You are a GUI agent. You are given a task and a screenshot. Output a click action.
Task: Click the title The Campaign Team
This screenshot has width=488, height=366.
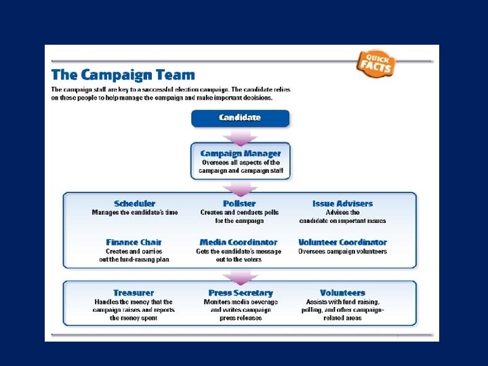[123, 75]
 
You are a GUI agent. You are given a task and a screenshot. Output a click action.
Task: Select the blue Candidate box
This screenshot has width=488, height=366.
[240, 118]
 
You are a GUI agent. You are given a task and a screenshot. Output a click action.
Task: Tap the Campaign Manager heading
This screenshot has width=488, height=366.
[240, 153]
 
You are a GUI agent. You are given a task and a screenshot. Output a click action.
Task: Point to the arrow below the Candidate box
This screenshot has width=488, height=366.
[240, 136]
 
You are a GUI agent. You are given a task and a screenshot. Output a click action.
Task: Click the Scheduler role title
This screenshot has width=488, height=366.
[134, 203]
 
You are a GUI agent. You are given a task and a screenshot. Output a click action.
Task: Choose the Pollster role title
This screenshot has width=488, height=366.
[239, 203]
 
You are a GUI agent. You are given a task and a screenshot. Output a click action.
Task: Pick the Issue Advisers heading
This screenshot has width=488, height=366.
[342, 203]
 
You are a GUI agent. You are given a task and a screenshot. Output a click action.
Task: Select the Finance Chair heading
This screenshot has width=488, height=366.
[134, 242]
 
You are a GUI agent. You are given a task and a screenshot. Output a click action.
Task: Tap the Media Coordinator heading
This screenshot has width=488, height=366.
[239, 242]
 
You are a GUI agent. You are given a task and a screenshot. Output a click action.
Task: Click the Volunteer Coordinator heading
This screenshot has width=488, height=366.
[342, 242]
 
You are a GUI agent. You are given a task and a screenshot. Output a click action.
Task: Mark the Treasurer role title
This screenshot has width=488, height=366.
[134, 293]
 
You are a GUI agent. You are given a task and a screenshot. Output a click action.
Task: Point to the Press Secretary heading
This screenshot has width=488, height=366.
[240, 293]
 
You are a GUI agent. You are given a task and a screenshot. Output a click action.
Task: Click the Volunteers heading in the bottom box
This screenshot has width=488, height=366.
[342, 293]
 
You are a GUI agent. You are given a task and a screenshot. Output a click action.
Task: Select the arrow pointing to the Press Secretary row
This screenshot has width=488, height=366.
[240, 276]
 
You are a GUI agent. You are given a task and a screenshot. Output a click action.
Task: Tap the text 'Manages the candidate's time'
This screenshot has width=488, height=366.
[135, 213]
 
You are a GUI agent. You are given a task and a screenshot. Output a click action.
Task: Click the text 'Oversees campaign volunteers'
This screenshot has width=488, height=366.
[342, 251]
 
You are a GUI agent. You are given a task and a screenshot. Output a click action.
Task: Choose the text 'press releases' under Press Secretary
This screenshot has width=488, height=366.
[240, 318]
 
